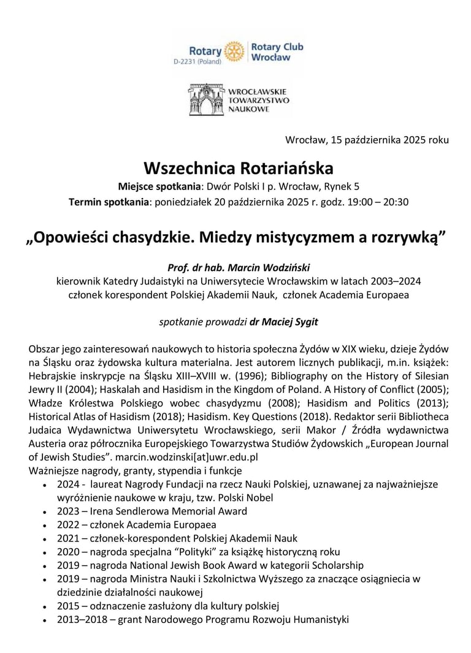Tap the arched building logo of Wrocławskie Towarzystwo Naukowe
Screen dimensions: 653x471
pyautogui.click(x=209, y=100)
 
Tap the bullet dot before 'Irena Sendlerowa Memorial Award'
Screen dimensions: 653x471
pyautogui.click(x=46, y=512)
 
